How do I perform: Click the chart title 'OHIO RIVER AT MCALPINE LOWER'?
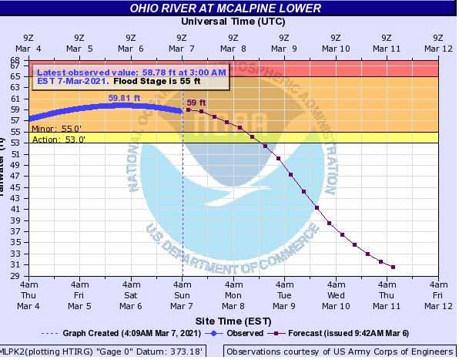[226, 8]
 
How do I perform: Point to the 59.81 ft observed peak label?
[124, 98]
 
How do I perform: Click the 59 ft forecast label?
[197, 103]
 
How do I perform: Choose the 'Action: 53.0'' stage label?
[59, 140]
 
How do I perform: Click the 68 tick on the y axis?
[15, 60]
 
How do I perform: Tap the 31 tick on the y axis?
[15, 264]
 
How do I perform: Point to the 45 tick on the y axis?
[15, 187]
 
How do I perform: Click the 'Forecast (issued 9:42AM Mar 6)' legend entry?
[344, 334]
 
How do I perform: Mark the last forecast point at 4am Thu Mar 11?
[393, 267]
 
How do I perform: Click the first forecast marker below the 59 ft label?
[188, 110]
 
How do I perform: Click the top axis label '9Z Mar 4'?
[28, 42]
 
